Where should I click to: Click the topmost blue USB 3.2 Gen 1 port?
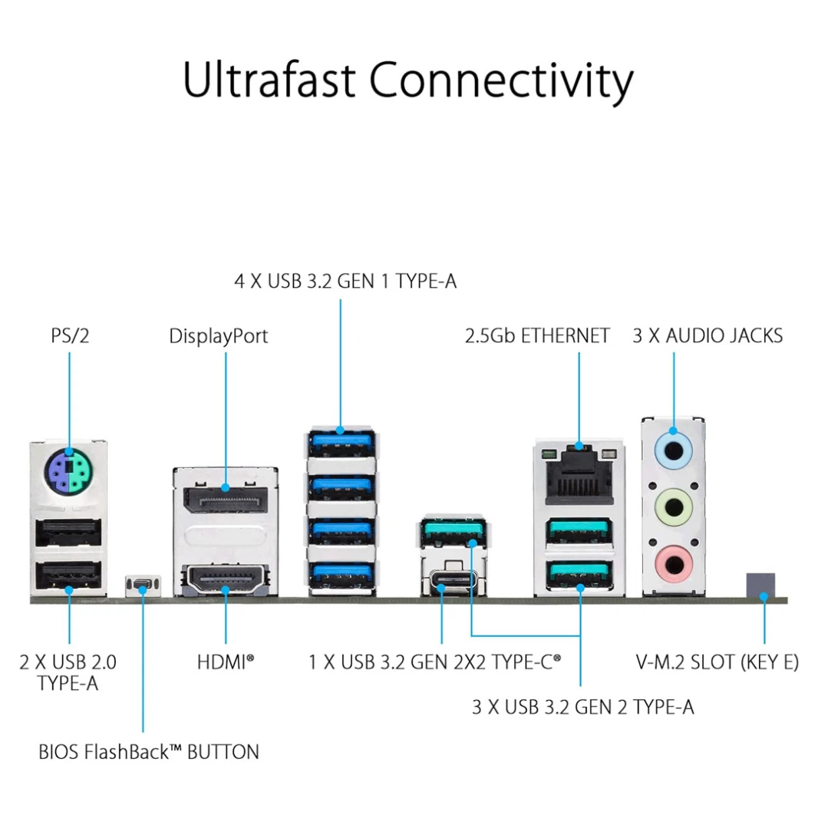(x=340, y=444)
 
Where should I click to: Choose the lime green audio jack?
(x=673, y=507)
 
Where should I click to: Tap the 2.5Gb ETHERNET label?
(x=537, y=335)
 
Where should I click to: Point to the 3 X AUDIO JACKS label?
(x=707, y=335)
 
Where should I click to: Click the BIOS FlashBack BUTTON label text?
(x=149, y=751)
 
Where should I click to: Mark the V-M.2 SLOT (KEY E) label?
(x=717, y=661)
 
